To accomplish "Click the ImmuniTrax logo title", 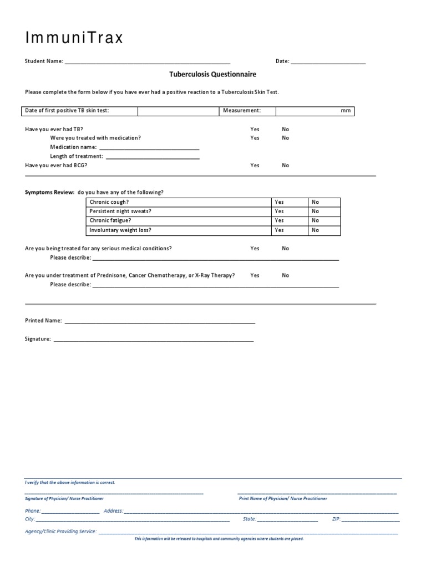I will pyautogui.click(x=74, y=38).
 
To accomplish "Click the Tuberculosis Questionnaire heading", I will pyautogui.click(x=212, y=74).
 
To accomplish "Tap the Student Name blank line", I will pyautogui.click(x=148, y=62).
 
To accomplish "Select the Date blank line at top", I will pyautogui.click(x=328, y=62).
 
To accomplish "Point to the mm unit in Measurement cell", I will pyautogui.click(x=346, y=111).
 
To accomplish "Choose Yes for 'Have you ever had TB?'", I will pyautogui.click(x=255, y=129).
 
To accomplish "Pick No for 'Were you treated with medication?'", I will pyautogui.click(x=285, y=138).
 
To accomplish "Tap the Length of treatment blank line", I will pyautogui.click(x=153, y=157).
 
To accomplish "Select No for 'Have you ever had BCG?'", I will pyautogui.click(x=285, y=165).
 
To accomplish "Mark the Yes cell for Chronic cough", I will pyautogui.click(x=279, y=202).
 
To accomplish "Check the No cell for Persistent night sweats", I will pyautogui.click(x=315, y=211).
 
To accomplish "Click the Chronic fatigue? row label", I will pyautogui.click(x=110, y=220).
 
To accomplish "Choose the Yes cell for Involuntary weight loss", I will pyautogui.click(x=279, y=230).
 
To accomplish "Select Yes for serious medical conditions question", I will pyautogui.click(x=255, y=249).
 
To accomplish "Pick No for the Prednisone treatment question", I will pyautogui.click(x=285, y=275).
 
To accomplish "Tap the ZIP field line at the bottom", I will pyautogui.click(x=370, y=520).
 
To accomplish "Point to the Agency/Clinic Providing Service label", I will pyautogui.click(x=61, y=532).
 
